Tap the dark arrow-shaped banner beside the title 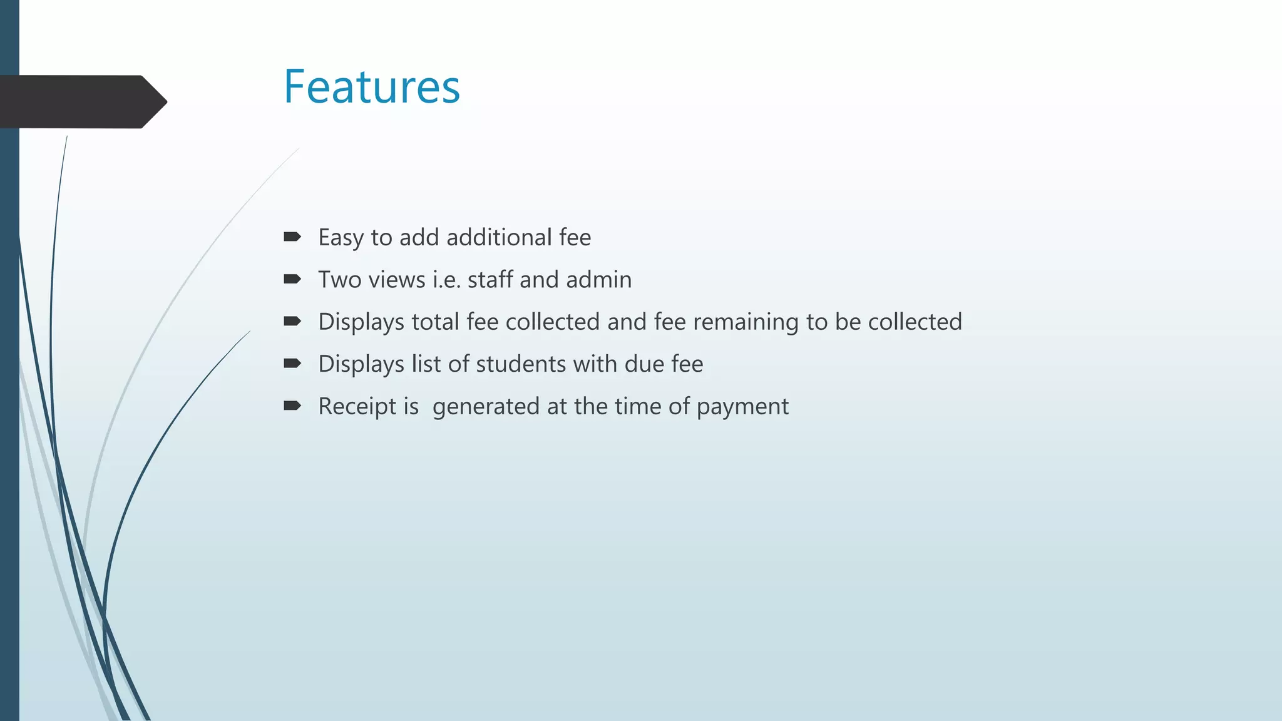(81, 101)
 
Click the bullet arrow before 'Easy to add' (292, 237)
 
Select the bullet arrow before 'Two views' (292, 279)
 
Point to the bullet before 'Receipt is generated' (292, 406)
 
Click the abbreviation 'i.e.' (447, 280)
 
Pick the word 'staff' (490, 280)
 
